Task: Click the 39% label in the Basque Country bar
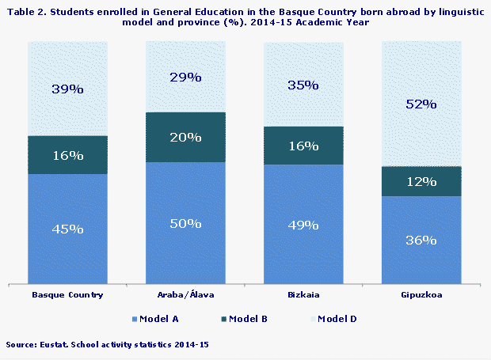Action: point(67,89)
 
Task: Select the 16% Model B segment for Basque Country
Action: point(67,155)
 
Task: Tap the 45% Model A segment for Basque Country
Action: point(67,229)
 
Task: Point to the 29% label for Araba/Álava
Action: point(185,78)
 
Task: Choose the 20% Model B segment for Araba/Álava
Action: point(185,137)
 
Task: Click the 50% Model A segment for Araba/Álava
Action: point(185,223)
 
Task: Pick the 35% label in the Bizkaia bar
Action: point(303,85)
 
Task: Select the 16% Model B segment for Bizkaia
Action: point(303,146)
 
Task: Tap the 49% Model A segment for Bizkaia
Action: point(303,225)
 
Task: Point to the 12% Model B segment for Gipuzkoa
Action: point(421,181)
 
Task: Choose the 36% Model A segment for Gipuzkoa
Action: point(421,240)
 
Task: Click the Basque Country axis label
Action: point(67,295)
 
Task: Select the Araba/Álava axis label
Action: point(185,295)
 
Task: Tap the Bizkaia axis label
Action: point(303,295)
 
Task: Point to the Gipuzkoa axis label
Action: point(421,295)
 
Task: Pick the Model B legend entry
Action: point(248,319)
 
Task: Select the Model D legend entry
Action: point(337,319)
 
